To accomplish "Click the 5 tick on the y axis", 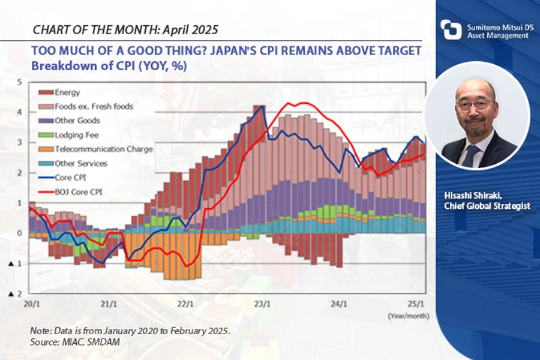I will point(20,82).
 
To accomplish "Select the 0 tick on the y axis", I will point(20,233).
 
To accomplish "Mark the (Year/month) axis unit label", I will point(406,313).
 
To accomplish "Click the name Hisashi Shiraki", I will point(472,196).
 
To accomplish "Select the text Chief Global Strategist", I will point(487,206).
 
